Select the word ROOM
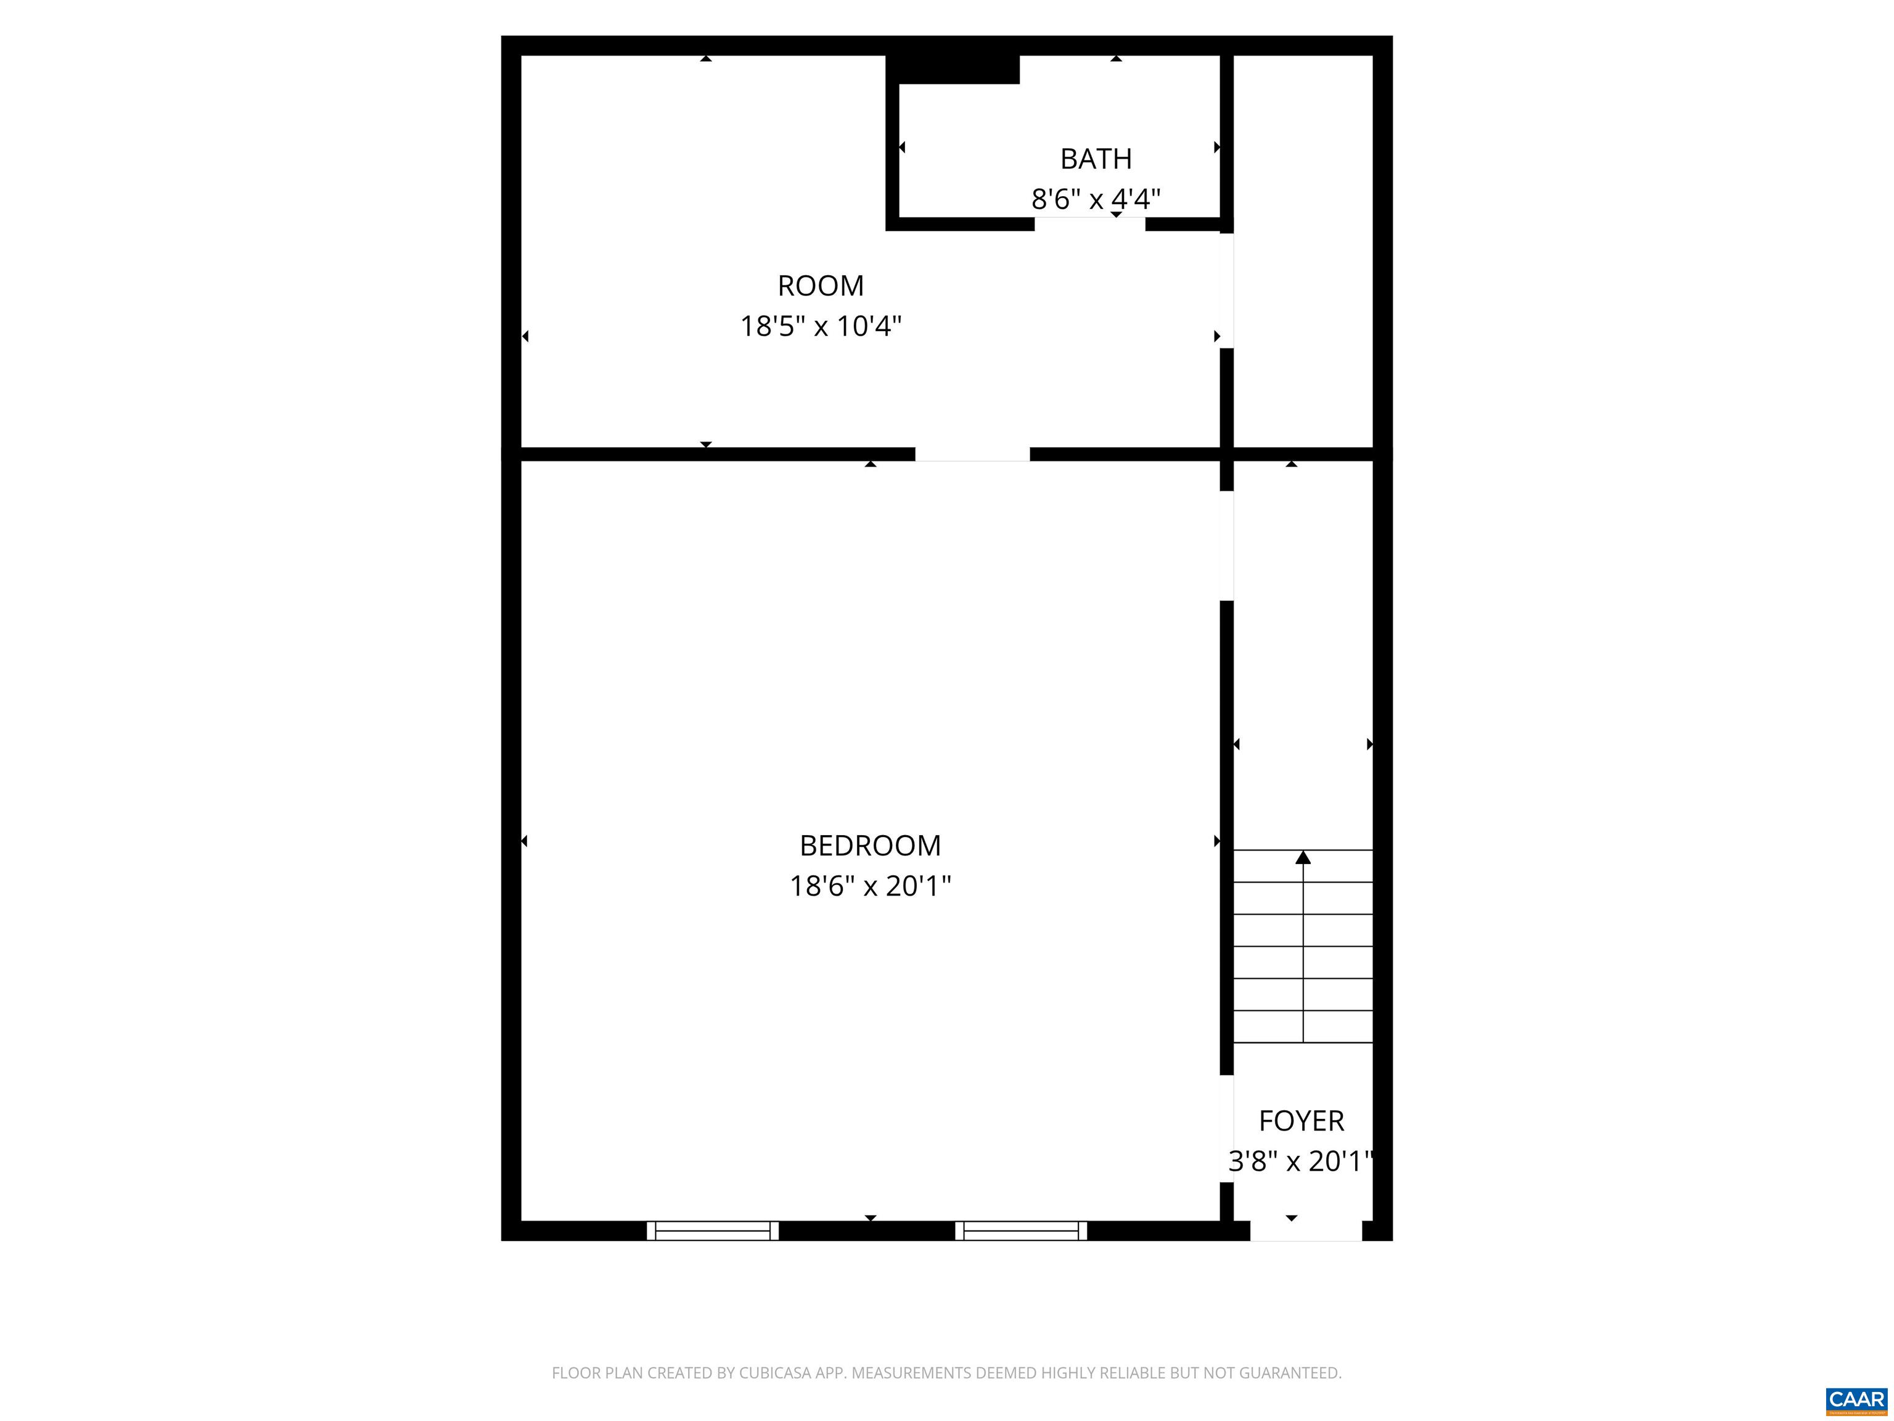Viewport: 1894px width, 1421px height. [x=820, y=285]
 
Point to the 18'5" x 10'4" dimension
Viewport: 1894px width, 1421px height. [x=820, y=326]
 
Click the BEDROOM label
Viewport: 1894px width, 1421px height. [x=870, y=846]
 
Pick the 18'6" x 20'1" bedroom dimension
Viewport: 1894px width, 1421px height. [x=870, y=886]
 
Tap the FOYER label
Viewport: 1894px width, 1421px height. [x=1301, y=1121]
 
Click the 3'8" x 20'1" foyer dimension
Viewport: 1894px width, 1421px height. [x=1301, y=1161]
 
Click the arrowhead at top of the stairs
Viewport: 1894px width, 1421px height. [x=1302, y=857]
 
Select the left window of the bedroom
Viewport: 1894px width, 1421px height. [x=712, y=1231]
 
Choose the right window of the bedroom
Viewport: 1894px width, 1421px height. [x=1020, y=1231]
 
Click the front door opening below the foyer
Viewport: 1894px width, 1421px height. [x=1306, y=1231]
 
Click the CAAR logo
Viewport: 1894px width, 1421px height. [x=1856, y=1399]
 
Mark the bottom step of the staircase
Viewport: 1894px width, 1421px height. [x=1302, y=1026]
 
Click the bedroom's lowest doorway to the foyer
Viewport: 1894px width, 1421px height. [x=1226, y=1128]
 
